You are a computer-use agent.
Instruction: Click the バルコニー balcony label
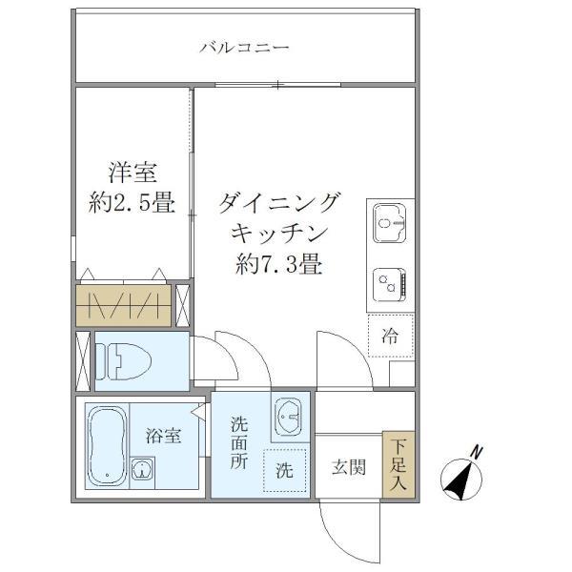coord(244,48)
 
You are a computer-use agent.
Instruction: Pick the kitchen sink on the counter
coord(389,225)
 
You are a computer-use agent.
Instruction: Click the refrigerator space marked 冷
coord(390,336)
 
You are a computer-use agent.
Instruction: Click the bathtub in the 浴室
coord(104,444)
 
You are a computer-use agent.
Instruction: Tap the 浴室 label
coord(163,437)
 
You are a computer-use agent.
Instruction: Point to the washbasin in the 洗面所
coord(289,418)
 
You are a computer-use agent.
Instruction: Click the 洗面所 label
coord(239,445)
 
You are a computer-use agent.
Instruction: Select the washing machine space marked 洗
coord(285,470)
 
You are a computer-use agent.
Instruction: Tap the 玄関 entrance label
coord(348,468)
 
